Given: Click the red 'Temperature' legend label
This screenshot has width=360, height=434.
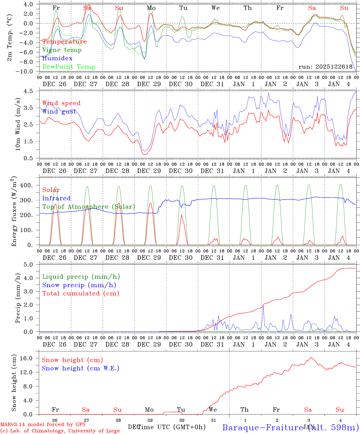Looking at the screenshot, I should click(65, 42).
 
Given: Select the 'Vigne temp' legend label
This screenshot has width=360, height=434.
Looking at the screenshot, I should click(62, 50).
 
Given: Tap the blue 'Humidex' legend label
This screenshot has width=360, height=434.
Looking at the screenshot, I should click(58, 58).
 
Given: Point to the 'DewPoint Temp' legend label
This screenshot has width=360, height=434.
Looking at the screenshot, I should click(69, 67).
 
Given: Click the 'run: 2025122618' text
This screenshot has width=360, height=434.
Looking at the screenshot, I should click(325, 67).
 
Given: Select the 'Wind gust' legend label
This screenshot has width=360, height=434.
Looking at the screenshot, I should click(59, 112).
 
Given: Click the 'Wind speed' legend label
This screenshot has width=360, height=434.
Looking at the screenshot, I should click(62, 103).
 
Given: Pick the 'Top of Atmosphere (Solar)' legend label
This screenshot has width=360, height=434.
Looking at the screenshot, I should click(89, 207).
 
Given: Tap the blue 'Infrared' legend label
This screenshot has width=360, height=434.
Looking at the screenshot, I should click(56, 198).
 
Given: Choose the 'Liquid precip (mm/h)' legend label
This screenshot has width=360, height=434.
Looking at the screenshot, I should click(81, 277).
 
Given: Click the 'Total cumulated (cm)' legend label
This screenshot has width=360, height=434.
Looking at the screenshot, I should click(81, 294).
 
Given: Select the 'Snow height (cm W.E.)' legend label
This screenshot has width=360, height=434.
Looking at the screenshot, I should click(81, 368).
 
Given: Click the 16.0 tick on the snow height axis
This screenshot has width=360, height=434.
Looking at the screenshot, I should click(30, 358).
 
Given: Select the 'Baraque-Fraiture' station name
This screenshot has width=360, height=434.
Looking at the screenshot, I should click(262, 427).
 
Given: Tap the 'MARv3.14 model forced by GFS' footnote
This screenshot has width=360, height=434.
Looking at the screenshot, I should click(43, 425).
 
